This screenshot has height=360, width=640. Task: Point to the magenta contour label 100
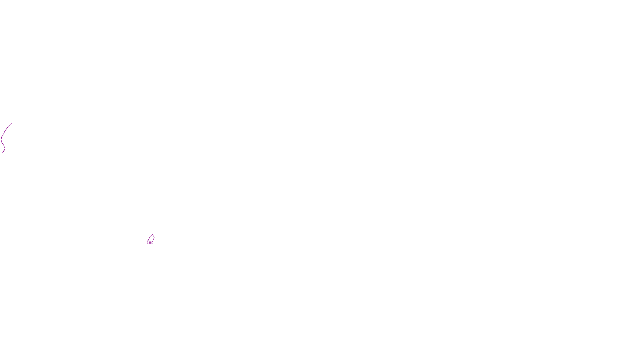pos(150,243)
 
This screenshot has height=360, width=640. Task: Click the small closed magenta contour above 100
pos(151,238)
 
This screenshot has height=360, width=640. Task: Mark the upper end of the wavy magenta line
pos(12,123)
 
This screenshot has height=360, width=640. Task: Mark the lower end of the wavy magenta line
pos(4,152)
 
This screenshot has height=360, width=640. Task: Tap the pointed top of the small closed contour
pos(152,234)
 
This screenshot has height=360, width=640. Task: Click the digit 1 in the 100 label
pos(148,243)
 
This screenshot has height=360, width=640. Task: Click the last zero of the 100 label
pos(152,243)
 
